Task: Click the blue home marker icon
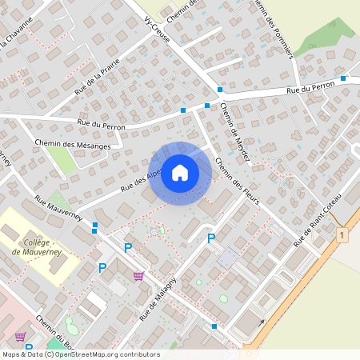click(x=180, y=173)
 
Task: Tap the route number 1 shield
click(x=342, y=235)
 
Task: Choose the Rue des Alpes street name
click(x=142, y=180)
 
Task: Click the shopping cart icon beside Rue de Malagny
click(x=138, y=276)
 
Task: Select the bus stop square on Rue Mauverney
click(x=95, y=225)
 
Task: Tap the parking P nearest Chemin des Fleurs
click(x=211, y=238)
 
